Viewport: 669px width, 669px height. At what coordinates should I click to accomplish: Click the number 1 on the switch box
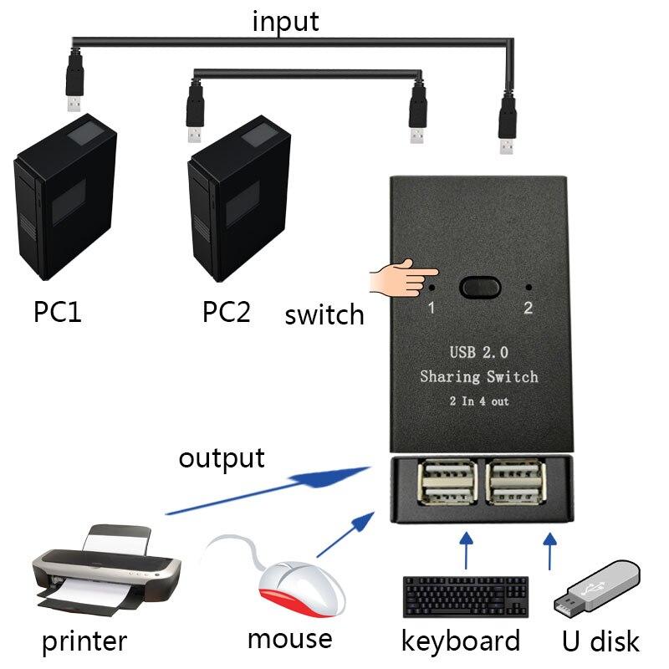[x=432, y=308]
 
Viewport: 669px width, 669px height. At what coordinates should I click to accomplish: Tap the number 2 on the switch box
[x=528, y=308]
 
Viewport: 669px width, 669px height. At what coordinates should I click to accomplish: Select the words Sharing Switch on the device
[x=478, y=377]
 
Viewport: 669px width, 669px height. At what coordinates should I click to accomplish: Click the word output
[x=222, y=457]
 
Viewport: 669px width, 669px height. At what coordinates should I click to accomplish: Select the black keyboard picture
[x=465, y=596]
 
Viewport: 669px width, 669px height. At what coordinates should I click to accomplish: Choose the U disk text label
[x=600, y=641]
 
